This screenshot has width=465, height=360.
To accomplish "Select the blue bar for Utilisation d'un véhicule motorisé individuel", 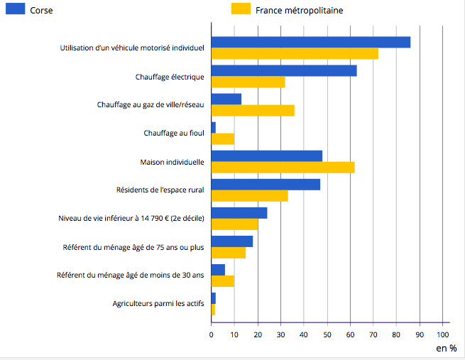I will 310,42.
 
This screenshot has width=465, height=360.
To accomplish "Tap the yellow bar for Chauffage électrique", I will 248,82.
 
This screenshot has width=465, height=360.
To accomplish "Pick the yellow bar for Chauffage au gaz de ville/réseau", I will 253,110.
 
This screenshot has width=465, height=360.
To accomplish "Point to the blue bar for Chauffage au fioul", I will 214,127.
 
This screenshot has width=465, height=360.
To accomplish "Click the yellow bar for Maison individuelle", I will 283,167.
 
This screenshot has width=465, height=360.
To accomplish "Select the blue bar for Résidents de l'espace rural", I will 266,185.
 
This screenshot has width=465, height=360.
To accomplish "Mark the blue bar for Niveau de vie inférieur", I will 239,213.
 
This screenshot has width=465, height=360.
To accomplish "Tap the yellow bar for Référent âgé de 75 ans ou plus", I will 229,252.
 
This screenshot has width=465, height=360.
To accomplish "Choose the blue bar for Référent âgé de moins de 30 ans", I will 218,270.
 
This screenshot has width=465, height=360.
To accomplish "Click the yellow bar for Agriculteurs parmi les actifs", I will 213,309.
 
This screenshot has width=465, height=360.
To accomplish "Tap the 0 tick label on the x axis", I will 212,333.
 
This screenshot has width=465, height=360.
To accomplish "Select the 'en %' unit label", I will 447,348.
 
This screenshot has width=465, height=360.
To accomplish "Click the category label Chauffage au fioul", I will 174,133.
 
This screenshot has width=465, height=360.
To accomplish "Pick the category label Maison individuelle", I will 173,162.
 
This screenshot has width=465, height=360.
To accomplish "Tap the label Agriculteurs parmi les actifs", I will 158,304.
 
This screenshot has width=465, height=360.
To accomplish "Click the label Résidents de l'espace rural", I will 160,190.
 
